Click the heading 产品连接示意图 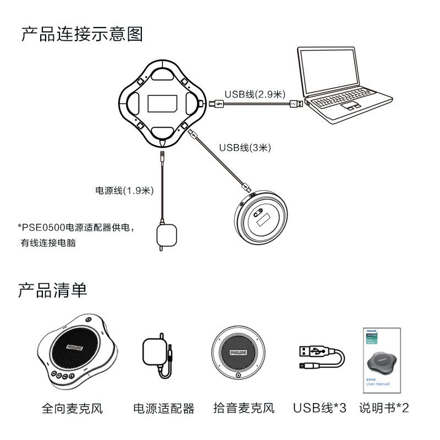coord(82,34)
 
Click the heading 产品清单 coord(53,289)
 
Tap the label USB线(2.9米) coord(255,94)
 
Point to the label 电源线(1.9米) coord(124,191)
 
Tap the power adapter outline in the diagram coord(165,235)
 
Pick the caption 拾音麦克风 coord(244,408)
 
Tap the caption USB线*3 coord(320,408)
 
